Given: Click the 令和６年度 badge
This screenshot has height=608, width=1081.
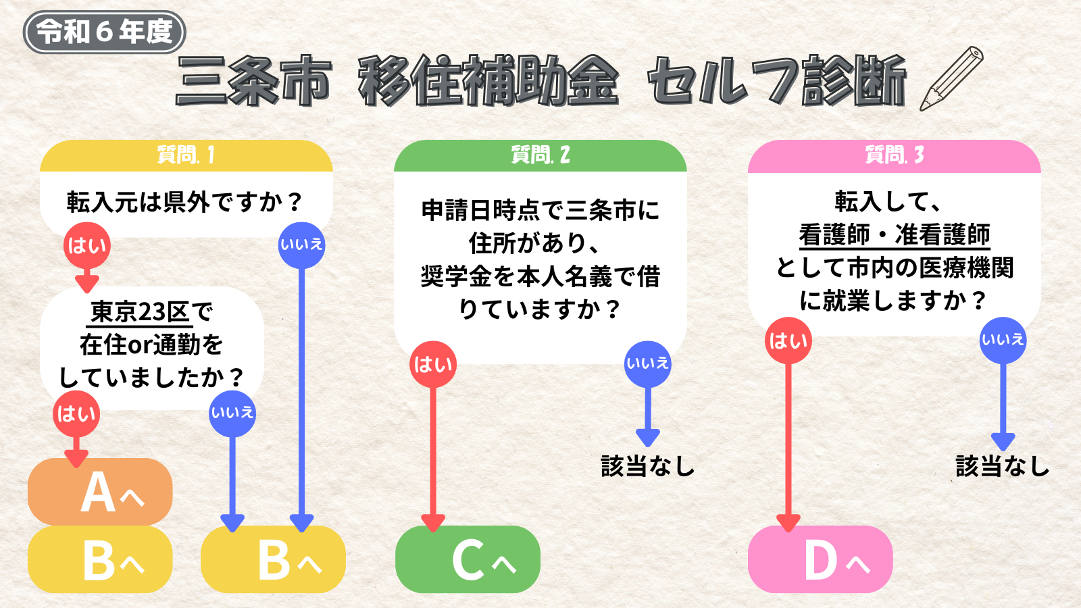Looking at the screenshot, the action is click(x=104, y=32).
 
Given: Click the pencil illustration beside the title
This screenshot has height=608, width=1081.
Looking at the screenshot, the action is click(x=951, y=78).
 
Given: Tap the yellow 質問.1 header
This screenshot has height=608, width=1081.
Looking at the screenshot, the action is click(x=186, y=156).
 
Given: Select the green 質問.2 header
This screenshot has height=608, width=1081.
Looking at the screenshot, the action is click(x=540, y=156).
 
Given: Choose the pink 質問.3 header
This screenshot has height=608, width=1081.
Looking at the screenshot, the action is click(x=895, y=156).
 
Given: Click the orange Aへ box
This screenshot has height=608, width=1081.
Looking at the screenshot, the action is click(x=100, y=492).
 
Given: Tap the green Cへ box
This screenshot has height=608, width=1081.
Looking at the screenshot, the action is click(x=468, y=559).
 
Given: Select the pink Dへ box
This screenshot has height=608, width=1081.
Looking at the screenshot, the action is click(x=820, y=559).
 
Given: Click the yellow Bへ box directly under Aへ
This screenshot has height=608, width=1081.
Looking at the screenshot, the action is click(x=100, y=559).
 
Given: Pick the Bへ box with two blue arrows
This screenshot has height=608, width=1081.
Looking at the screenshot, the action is click(x=273, y=559).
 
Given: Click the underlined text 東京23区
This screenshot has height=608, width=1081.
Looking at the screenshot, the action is click(x=140, y=312).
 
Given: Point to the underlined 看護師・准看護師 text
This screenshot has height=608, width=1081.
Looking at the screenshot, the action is click(x=895, y=236).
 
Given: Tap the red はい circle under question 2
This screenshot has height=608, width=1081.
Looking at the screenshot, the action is click(x=433, y=364).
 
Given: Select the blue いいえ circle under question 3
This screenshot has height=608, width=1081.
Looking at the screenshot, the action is click(x=1003, y=340).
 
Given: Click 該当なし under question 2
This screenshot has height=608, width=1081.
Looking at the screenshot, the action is click(x=648, y=466).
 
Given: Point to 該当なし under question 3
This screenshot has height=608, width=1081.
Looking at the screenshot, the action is click(x=1003, y=466).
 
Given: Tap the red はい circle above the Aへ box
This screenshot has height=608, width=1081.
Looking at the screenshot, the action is click(x=76, y=414).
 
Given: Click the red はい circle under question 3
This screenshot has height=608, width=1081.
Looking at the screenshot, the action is click(x=788, y=340).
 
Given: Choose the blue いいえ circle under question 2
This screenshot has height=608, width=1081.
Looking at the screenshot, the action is click(x=648, y=364).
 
